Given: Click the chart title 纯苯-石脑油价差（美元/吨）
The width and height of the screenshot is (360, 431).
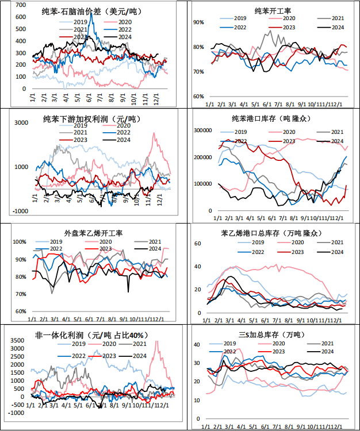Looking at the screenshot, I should click(x=92, y=11).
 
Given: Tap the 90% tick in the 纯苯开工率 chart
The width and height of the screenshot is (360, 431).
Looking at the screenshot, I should click(x=198, y=22).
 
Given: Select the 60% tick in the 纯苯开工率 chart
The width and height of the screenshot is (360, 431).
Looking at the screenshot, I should click(x=198, y=96).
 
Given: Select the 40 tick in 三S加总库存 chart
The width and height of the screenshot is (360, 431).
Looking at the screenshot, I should click(x=196, y=344).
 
